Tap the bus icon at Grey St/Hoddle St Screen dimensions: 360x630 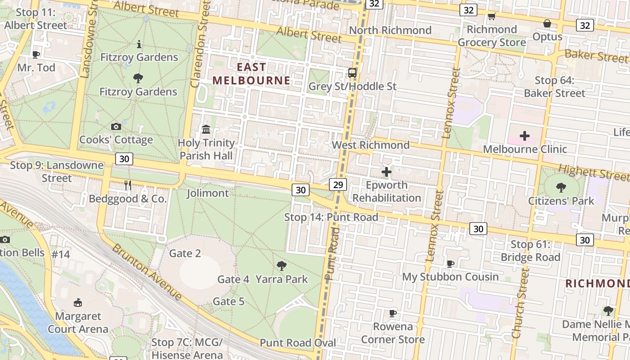pyautogui.click(x=352, y=72)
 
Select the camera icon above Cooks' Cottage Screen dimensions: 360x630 pyautogui.click(x=116, y=127)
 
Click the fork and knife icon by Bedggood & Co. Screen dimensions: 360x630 pyautogui.click(x=128, y=185)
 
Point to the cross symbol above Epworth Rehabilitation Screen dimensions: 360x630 pyautogui.click(x=387, y=171)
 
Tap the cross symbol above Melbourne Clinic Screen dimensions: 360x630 pyautogui.click(x=525, y=135)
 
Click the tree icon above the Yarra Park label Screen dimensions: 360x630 pyautogui.click(x=282, y=266)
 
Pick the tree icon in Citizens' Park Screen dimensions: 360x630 pyautogui.click(x=561, y=187)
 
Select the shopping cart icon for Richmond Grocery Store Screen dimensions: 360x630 pyautogui.click(x=491, y=17)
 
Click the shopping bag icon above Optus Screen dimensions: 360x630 pyautogui.click(x=547, y=23)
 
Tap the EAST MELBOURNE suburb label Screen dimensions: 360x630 pyautogui.click(x=252, y=74)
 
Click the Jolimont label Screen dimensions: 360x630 pyautogui.click(x=207, y=193)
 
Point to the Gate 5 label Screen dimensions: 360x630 pyautogui.click(x=229, y=301)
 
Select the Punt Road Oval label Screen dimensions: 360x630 pyautogui.click(x=298, y=343)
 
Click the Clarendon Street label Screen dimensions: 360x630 pyautogui.click(x=200, y=45)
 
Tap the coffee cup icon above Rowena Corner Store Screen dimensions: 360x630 pyautogui.click(x=393, y=313)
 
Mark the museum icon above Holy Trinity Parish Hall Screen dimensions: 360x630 pyautogui.click(x=206, y=130)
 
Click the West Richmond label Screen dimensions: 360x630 pyautogui.click(x=371, y=145)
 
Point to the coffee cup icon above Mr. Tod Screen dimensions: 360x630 pyautogui.click(x=36, y=55)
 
